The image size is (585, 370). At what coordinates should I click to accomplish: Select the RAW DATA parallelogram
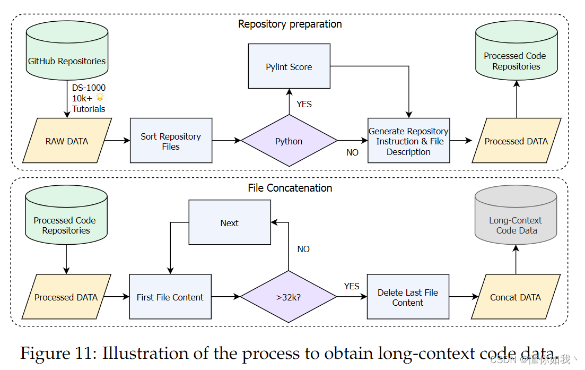[x=67, y=140]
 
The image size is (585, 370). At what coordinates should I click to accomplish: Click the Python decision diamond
[x=289, y=140]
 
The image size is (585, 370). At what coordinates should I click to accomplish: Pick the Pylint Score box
[x=289, y=66]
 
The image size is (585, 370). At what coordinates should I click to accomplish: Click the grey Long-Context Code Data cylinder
[x=516, y=214]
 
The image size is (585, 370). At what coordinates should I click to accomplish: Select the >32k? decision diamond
[x=289, y=297]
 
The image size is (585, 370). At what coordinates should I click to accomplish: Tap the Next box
[x=230, y=222]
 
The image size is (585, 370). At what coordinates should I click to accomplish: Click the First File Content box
[x=170, y=297]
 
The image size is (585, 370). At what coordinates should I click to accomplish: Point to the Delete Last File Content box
[x=408, y=297]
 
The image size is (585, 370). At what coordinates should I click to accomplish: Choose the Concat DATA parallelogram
[x=516, y=297]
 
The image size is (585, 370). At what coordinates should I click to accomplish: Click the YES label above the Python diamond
[x=304, y=104]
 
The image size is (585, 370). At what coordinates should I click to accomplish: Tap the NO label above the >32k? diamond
[x=303, y=249]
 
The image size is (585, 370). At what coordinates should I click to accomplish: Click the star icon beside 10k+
[x=100, y=97]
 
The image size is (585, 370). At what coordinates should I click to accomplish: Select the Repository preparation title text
[x=290, y=24]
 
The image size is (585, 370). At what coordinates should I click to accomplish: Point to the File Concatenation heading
[x=290, y=188]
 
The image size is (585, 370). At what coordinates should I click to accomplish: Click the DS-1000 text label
[x=89, y=88]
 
